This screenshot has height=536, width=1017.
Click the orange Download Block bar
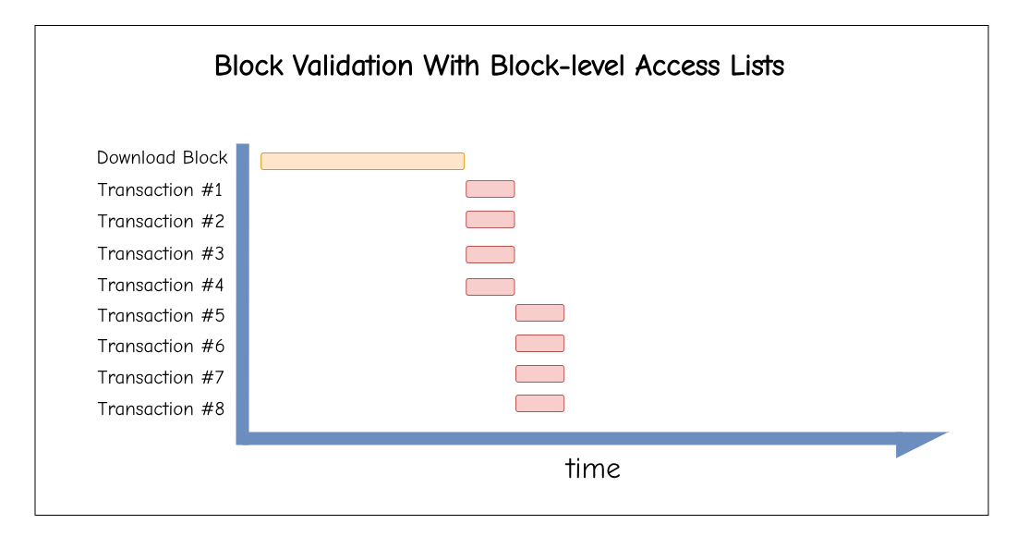pos(363,161)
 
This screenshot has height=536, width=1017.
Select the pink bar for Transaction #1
pos(490,189)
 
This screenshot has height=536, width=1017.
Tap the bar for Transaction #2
pos(490,219)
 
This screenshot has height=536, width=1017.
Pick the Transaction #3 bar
pos(490,254)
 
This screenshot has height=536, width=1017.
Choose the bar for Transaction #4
pos(490,286)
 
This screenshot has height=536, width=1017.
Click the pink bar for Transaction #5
pos(539,312)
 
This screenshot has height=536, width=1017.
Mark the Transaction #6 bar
pos(539,343)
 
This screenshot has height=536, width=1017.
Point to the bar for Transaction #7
pos(539,373)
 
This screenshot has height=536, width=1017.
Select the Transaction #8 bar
pos(539,404)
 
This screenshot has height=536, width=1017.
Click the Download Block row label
pos(163,158)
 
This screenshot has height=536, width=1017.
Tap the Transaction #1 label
pos(160,189)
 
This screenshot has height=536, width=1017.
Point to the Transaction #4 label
pos(161,285)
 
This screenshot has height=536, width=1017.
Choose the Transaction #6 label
pos(161,346)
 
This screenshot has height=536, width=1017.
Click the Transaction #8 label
pos(161,408)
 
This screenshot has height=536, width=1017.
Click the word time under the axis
pos(593,469)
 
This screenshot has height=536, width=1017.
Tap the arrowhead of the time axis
pos(922,445)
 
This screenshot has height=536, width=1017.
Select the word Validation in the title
pos(352,66)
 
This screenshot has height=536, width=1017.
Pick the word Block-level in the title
pos(559,66)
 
